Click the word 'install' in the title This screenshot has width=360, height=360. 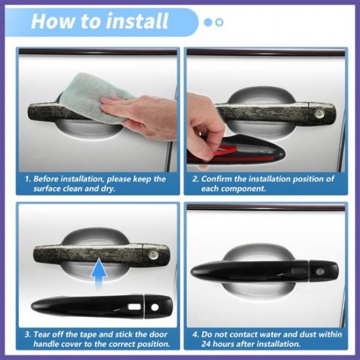point(135,21)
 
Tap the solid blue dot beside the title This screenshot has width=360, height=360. point(208,22)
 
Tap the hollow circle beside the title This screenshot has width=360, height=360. point(219,22)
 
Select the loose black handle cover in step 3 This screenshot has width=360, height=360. point(98,305)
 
